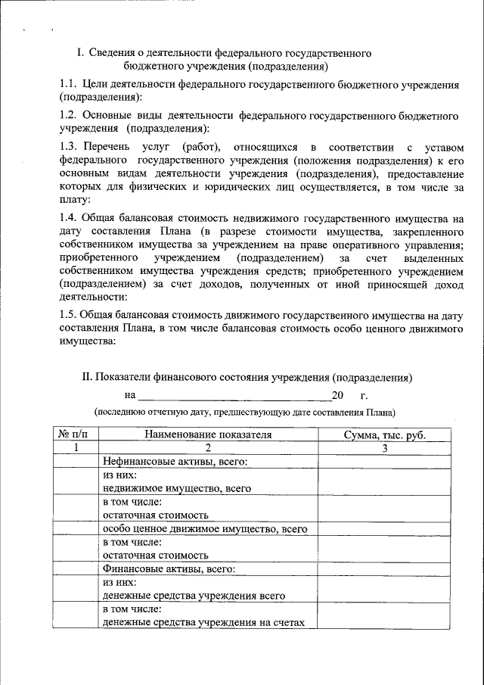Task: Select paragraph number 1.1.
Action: point(69,86)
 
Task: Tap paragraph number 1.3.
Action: point(69,145)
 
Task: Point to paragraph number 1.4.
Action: point(69,219)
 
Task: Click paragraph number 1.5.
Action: point(69,315)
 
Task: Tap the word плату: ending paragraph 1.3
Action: point(74,200)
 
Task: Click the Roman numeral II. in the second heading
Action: point(86,376)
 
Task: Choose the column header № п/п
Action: point(76,435)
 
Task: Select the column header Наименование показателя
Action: point(209,435)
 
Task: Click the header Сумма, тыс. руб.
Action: point(384,435)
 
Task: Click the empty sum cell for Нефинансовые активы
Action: point(384,462)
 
